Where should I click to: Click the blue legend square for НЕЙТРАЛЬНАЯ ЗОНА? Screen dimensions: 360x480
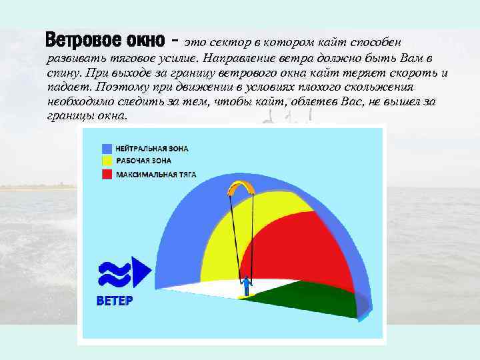pos(107,148)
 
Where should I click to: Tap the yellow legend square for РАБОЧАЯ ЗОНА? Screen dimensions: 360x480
pos(107,161)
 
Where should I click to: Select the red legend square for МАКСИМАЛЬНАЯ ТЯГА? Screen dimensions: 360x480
pos(107,174)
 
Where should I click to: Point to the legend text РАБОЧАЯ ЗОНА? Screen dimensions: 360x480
pos(143,161)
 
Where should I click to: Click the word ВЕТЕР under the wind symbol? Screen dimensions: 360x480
pos(115,301)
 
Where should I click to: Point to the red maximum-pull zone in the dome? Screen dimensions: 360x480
pos(293,247)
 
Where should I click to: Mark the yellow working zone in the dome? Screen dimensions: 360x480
pos(213,247)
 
